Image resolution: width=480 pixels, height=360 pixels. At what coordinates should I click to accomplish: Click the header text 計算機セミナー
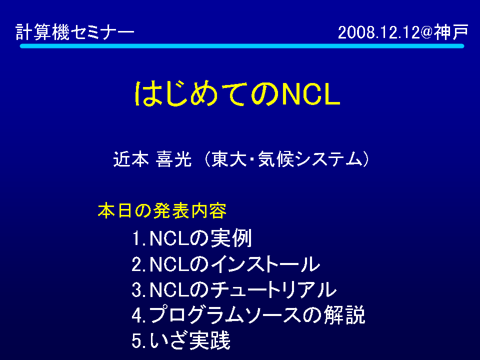(x=75, y=32)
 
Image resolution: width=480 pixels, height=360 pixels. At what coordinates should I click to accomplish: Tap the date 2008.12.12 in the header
(x=378, y=32)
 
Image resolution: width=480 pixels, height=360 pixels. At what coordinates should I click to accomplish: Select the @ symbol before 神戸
(x=426, y=32)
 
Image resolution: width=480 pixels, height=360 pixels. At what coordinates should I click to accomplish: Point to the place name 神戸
(x=451, y=32)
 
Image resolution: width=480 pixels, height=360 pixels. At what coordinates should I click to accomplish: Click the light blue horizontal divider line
(x=242, y=46)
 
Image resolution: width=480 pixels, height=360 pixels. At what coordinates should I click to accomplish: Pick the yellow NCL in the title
(x=310, y=94)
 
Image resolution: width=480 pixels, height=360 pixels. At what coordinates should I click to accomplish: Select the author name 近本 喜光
(x=152, y=159)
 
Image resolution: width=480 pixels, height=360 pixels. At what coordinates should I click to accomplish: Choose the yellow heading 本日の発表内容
(x=162, y=210)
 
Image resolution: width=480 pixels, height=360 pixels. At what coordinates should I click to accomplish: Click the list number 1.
(x=137, y=238)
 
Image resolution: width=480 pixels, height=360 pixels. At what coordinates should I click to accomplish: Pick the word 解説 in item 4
(x=344, y=314)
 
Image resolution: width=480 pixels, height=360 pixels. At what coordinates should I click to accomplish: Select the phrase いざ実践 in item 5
(x=190, y=340)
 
